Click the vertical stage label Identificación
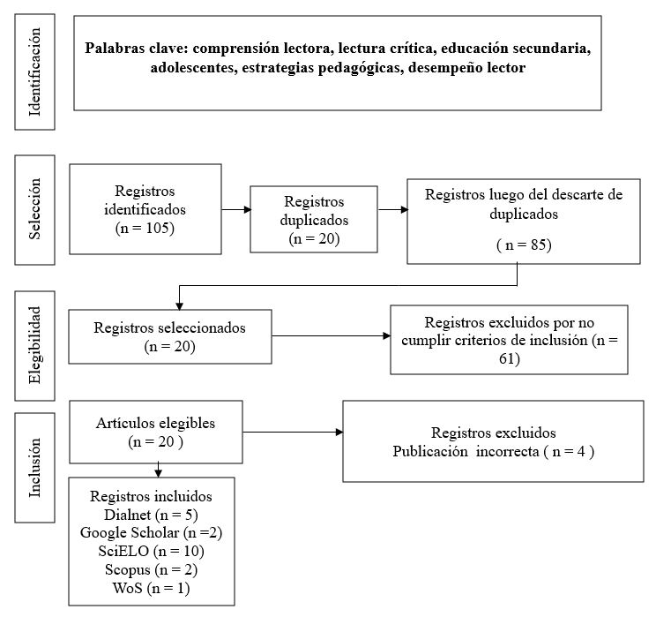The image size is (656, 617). [x=34, y=71]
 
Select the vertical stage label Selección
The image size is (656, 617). [x=34, y=209]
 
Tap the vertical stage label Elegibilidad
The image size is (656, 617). [x=34, y=345]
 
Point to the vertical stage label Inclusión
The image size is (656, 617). [x=34, y=468]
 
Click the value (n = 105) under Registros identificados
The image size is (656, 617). [x=145, y=229]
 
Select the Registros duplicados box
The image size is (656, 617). [x=314, y=220]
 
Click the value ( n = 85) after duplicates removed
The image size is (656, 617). [x=524, y=245]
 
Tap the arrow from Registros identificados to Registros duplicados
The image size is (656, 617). [x=236, y=209]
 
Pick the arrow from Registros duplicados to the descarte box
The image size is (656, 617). [x=393, y=209]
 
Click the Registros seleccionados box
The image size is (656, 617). [x=170, y=337]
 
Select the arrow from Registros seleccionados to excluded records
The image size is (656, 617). [x=331, y=336]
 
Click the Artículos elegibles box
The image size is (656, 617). [x=156, y=432]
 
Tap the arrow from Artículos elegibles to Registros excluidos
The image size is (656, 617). [x=293, y=432]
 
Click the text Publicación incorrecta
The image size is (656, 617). [x=466, y=452]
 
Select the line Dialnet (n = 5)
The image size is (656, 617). [x=151, y=515]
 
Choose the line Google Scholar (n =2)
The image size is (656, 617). [x=151, y=533]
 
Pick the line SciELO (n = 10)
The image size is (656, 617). [x=151, y=551]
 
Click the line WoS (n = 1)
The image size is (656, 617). [x=151, y=588]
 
